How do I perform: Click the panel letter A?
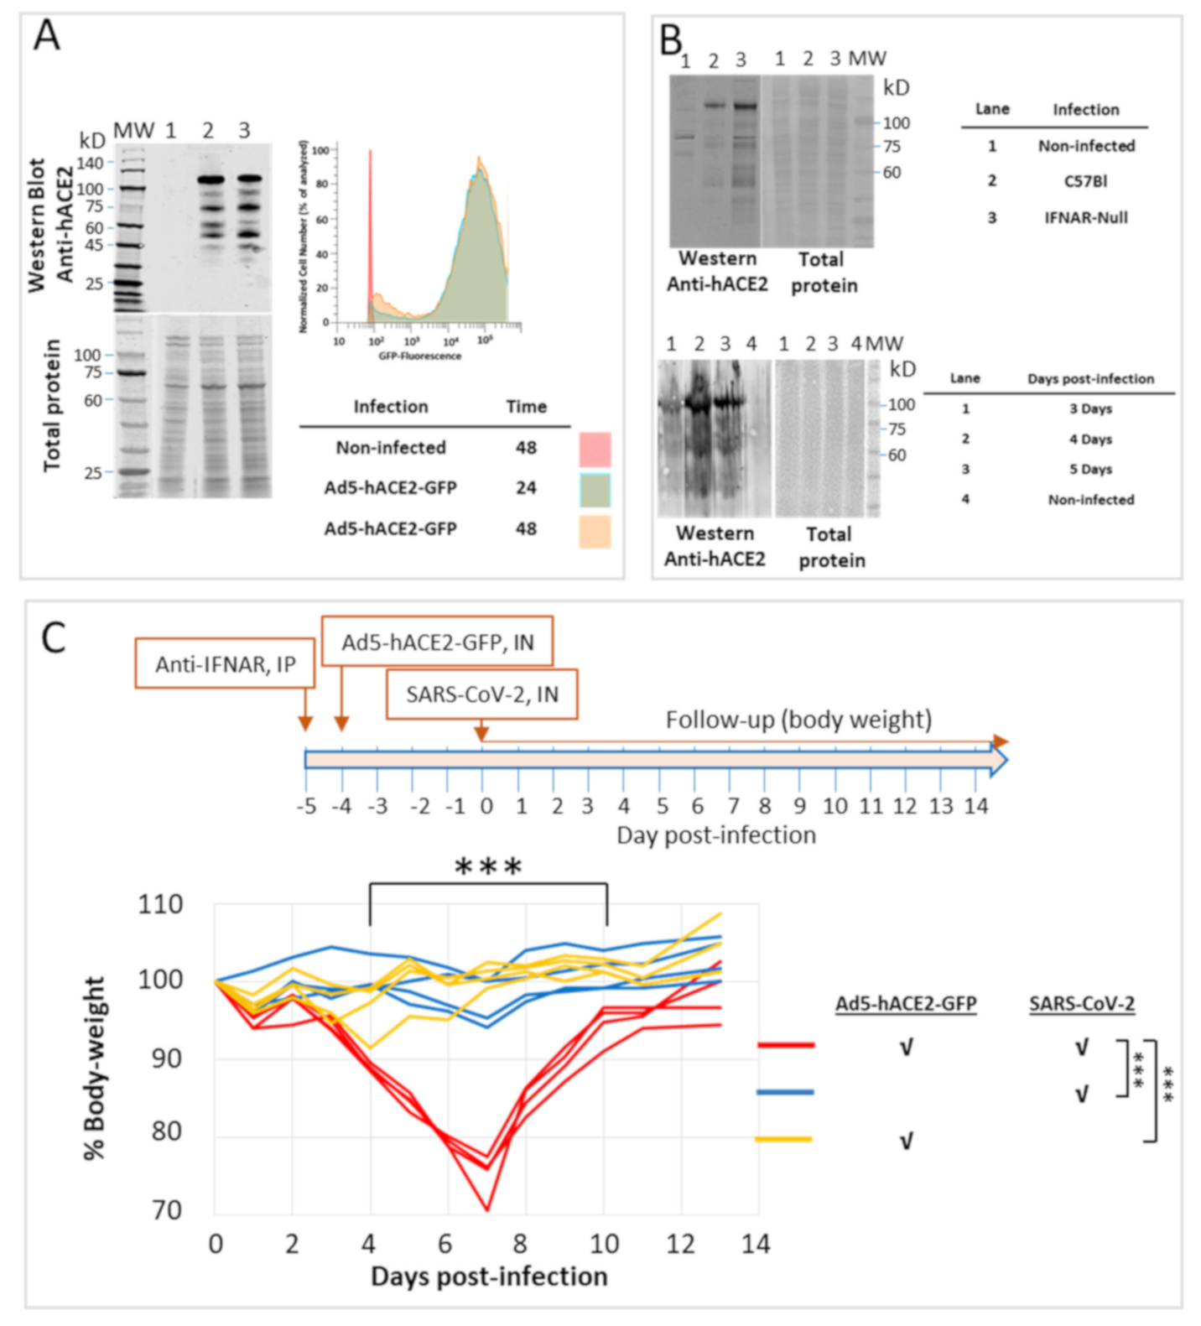coord(47,37)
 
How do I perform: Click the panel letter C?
coord(54,639)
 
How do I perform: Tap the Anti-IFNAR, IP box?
coord(225,664)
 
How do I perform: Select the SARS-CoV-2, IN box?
coord(481,694)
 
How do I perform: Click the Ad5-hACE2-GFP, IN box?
coord(437,642)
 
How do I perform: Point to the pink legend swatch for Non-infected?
coord(595,450)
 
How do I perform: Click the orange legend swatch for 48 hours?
coord(595,532)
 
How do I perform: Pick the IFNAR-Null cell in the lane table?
coord(1085,218)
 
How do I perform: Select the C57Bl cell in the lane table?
coord(1085,181)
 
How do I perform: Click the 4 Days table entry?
coord(1090,439)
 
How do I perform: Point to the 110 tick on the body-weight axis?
coord(160,905)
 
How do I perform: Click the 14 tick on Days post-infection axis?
coord(755,1244)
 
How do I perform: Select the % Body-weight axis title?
coord(95,1068)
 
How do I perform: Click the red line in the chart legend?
coord(785,1045)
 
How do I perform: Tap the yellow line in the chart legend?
coord(783,1139)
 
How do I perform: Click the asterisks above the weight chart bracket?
coord(488,867)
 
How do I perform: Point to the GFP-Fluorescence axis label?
coord(419,356)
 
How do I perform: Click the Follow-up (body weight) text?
coord(798,720)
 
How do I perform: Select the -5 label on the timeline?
coord(307,807)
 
